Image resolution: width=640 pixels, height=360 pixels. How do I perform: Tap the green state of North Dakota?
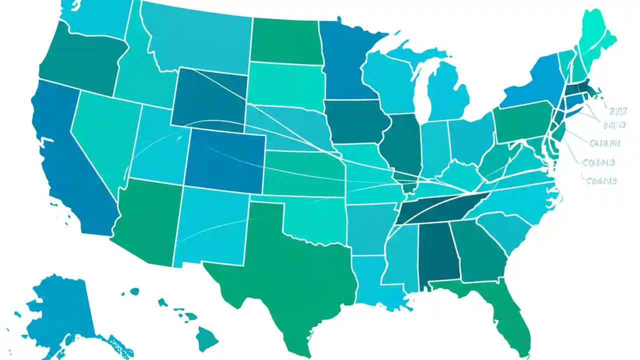[x=285, y=40]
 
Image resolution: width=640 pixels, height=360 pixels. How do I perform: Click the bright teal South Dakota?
[x=285, y=85]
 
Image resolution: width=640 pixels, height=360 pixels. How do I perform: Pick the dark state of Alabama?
[x=437, y=255]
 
